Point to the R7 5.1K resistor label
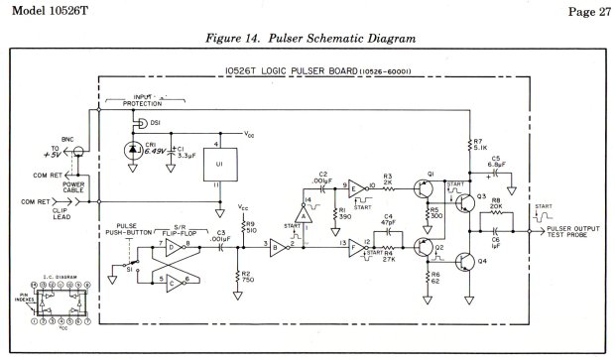[480, 149]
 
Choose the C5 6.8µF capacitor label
[496, 168]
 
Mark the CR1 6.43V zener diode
[134, 150]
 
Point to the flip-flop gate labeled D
[177, 246]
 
